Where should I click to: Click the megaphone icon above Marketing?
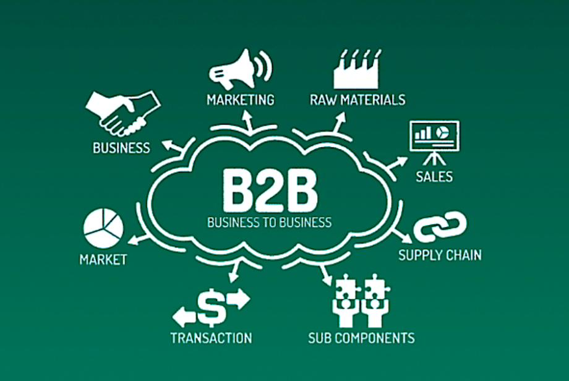[x=239, y=70]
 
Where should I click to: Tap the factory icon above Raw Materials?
[x=357, y=70]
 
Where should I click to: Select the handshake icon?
[x=122, y=113]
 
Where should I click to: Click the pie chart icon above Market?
[x=103, y=228]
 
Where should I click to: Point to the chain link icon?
[x=440, y=227]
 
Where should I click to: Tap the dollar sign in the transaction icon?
[x=212, y=307]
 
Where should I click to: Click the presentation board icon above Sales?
[x=434, y=142]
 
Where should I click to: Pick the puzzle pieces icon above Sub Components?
[x=361, y=300]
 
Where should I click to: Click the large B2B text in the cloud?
[x=270, y=191]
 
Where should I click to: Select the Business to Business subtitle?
[x=270, y=222]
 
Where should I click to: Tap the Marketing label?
[x=241, y=100]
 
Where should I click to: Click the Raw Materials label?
[x=357, y=100]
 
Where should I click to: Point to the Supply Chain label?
[x=440, y=255]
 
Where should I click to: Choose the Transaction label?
[x=211, y=338]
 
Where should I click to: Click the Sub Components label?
[x=361, y=338]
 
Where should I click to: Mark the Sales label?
[x=434, y=177]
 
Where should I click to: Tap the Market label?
[x=103, y=259]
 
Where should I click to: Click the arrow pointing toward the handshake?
[x=173, y=146]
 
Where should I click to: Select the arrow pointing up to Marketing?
[x=248, y=121]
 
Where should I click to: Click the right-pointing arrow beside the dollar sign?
[x=238, y=299]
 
